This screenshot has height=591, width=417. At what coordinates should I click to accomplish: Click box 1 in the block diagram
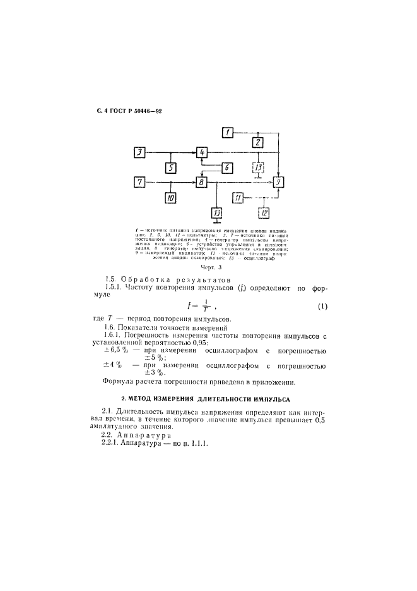click(x=228, y=132)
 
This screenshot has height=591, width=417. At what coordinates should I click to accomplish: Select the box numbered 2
click(x=257, y=143)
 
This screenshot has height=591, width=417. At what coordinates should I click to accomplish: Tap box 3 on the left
click(x=141, y=152)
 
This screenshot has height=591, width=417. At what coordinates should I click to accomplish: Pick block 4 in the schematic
click(x=202, y=153)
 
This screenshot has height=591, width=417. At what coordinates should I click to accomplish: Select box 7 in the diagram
click(x=140, y=182)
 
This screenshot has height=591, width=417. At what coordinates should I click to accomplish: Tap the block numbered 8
click(x=202, y=183)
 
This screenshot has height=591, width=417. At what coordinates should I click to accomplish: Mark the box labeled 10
click(x=171, y=198)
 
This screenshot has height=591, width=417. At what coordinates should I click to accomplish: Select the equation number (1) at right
click(x=322, y=307)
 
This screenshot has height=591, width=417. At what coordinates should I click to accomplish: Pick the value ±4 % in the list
click(x=112, y=365)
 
